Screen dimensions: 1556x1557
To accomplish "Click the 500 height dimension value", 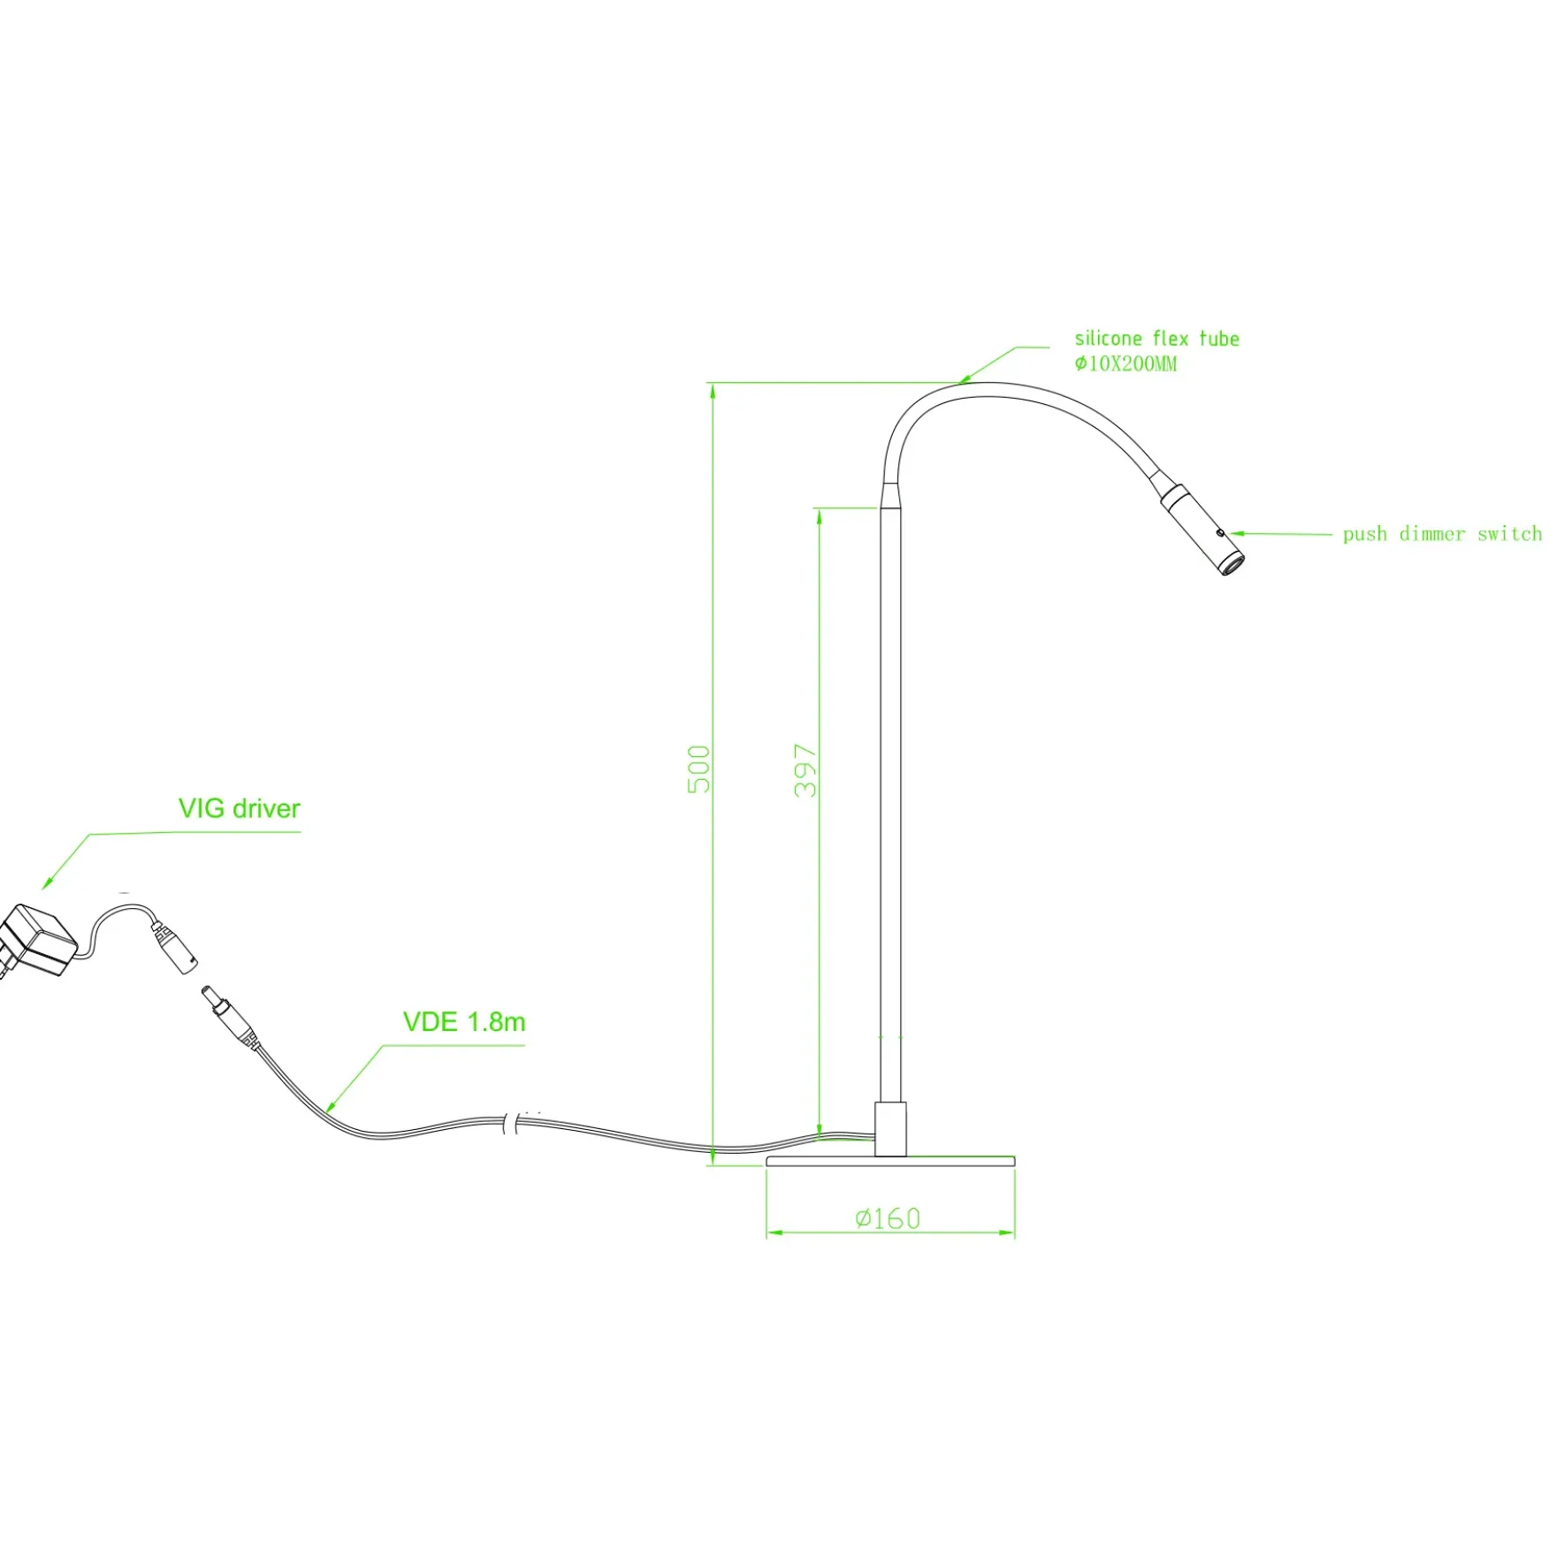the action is [x=698, y=769].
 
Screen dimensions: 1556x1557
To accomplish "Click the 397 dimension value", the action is [x=805, y=771].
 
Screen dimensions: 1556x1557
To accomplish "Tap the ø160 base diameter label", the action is [x=888, y=1219].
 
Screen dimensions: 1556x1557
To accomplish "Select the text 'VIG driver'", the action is [x=240, y=809].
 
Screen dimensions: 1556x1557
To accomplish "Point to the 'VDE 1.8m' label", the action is [x=464, y=1022].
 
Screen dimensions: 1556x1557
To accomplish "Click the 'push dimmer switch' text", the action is [x=1442, y=534].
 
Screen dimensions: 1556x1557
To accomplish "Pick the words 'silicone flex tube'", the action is [x=1156, y=339].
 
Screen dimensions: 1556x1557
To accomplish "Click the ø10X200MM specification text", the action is [x=1125, y=363].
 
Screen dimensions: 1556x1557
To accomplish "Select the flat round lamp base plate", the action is [x=890, y=1161].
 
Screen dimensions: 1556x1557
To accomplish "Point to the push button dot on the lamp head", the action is [x=1220, y=533].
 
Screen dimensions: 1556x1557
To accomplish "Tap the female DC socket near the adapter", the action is [x=175, y=947].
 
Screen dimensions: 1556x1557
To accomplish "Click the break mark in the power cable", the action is [x=510, y=1123].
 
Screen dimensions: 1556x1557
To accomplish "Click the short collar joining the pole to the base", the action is [x=890, y=1129].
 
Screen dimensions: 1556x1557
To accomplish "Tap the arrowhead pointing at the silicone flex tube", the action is [x=966, y=378].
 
